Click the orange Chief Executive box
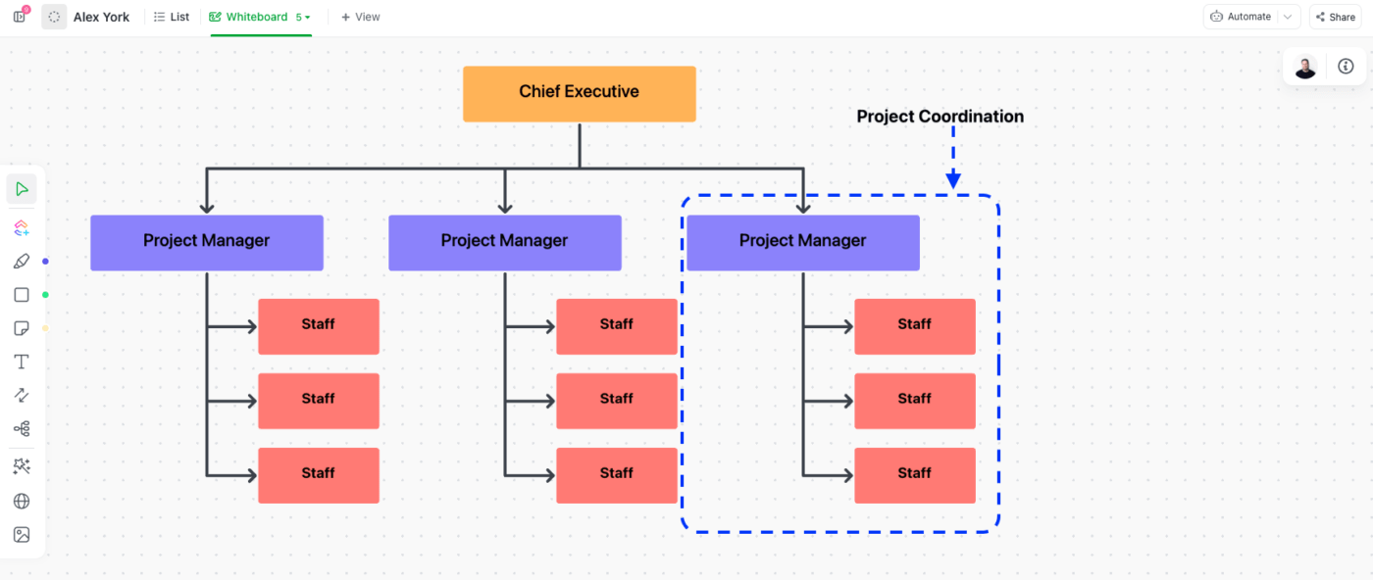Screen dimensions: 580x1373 [x=579, y=93]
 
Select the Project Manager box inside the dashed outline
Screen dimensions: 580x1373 [x=802, y=242]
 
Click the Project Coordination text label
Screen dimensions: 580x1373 [x=940, y=117]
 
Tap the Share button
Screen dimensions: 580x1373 [x=1335, y=17]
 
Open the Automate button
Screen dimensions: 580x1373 [x=1241, y=17]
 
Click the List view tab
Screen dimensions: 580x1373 [x=172, y=17]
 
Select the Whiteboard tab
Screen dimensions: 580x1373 [x=257, y=17]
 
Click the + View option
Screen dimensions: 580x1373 [x=360, y=17]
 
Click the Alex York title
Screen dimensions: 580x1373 [x=101, y=17]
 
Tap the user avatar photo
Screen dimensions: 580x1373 [x=1304, y=67]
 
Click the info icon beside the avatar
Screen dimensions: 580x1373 [x=1346, y=67]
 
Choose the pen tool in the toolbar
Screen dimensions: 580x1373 [x=22, y=262]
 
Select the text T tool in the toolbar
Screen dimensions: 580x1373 [x=22, y=362]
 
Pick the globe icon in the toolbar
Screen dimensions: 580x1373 [x=22, y=502]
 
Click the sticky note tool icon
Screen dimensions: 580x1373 [x=22, y=328]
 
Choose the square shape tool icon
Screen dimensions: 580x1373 [x=22, y=295]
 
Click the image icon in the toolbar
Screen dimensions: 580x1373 [x=22, y=535]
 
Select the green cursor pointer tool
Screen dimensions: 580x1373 [x=22, y=189]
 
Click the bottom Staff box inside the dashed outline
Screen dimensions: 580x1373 [x=914, y=475]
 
